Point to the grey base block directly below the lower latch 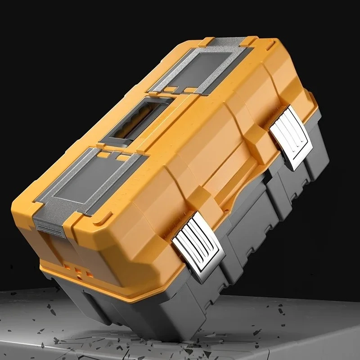click(x=205, y=288)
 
